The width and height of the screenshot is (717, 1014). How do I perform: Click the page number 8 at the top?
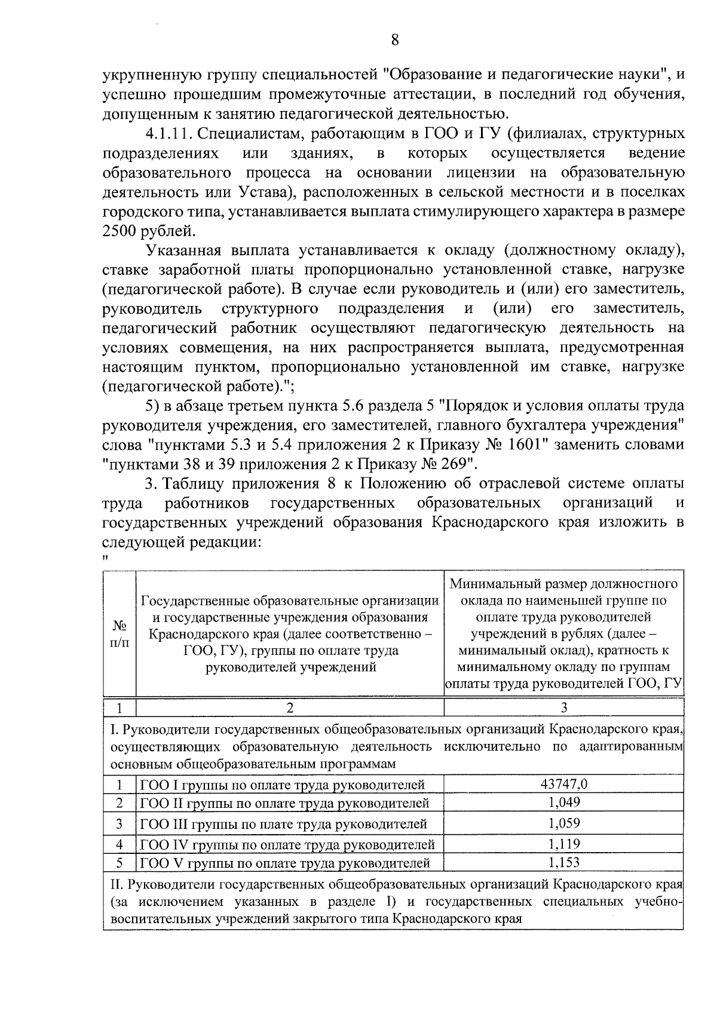pos(394,40)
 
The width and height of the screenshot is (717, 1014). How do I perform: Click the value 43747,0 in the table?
pos(563,784)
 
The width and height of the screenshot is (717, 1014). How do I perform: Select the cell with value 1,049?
pos(563,802)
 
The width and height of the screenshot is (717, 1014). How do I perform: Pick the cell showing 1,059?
pos(563,823)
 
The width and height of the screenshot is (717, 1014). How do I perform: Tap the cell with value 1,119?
pos(563,844)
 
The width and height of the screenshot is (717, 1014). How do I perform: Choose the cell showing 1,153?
pos(563,862)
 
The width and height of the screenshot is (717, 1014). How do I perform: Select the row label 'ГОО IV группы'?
pos(287,844)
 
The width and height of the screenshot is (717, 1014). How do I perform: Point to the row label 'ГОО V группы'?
pos(284,863)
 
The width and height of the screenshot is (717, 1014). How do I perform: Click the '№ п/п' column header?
pos(119,633)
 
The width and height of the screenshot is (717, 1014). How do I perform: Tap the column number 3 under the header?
pos(563,708)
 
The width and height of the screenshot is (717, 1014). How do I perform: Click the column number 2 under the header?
pos(290,708)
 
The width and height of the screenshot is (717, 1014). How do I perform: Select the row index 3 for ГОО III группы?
pos(119,823)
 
